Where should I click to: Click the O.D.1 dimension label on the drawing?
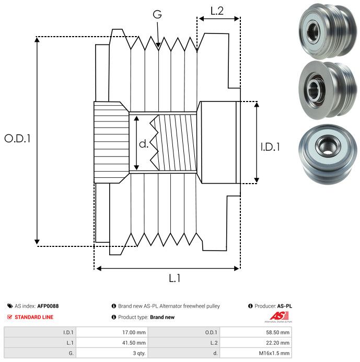point(18,139)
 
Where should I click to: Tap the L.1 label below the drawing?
point(175,279)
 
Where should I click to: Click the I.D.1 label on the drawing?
point(270,147)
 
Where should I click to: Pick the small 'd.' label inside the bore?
point(144,144)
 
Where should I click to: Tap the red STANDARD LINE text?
point(34,317)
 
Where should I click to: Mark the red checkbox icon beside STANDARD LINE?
point(10,317)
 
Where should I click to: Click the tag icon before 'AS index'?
point(10,306)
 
